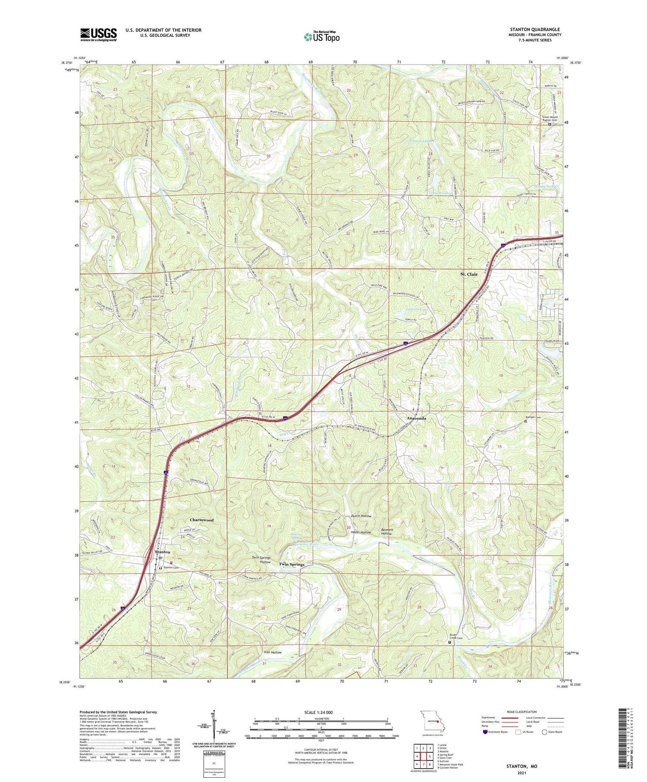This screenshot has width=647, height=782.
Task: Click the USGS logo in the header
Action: pos(98,35)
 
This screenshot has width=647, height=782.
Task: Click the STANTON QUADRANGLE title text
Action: pos(534,29)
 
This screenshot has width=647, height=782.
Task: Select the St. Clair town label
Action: pos(468,274)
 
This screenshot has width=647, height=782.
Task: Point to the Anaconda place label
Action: pos(416,418)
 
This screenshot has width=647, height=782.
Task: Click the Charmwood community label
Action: pos(201,520)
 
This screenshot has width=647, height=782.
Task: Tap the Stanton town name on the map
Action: pos(162,552)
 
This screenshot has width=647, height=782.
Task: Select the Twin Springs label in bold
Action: pos(291,564)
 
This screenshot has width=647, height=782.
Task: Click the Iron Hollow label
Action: pos(273,653)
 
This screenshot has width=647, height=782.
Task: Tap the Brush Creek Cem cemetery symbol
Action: pos(449,642)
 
